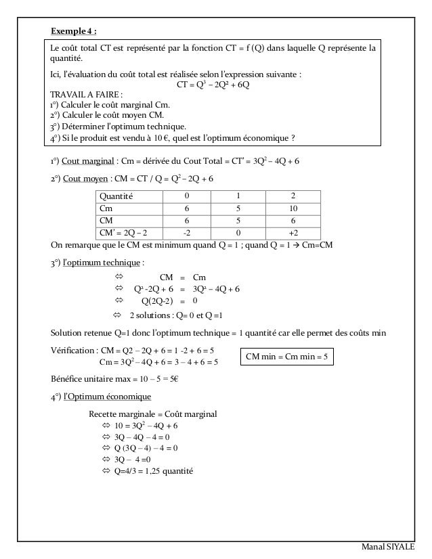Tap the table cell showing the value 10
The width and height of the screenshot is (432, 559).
(x=293, y=208)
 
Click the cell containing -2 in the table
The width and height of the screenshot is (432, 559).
(x=187, y=232)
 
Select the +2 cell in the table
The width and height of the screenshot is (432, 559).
(x=293, y=232)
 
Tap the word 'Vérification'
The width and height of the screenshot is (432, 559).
(x=72, y=350)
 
